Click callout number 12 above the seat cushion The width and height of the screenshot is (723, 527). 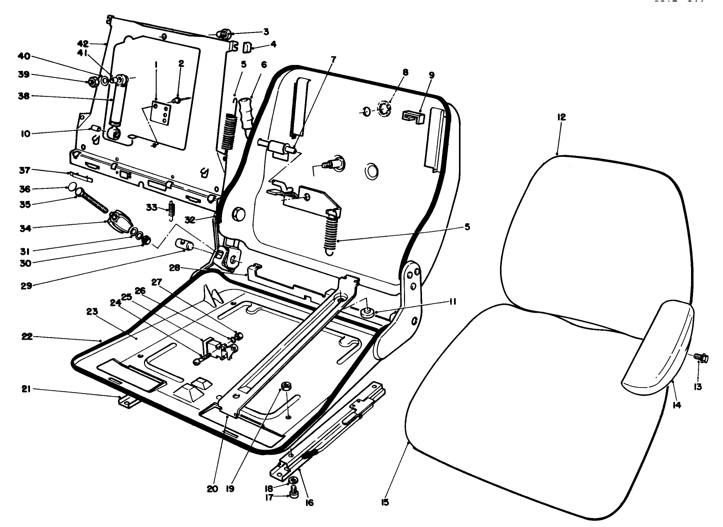click(x=561, y=117)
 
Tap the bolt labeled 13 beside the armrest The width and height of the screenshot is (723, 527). click(x=699, y=357)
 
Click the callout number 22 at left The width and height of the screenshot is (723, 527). click(x=26, y=337)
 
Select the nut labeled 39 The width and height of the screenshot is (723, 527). click(x=92, y=81)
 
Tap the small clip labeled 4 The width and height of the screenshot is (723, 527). click(x=247, y=48)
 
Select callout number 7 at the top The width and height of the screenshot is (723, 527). click(x=333, y=59)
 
